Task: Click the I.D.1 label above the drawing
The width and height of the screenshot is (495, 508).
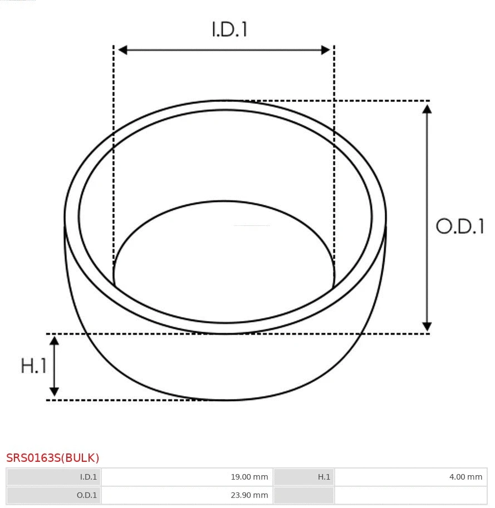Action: pos(229,29)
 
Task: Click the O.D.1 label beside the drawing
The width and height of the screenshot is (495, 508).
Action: pos(460,226)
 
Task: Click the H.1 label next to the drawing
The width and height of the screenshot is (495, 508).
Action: pos(33,366)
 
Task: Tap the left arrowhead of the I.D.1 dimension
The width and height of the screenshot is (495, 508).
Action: pos(122,50)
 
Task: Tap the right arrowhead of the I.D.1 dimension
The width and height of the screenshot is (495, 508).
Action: pos(326,50)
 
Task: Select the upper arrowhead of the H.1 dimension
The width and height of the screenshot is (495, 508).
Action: pos(54,341)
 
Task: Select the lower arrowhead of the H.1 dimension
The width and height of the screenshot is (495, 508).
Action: pos(54,392)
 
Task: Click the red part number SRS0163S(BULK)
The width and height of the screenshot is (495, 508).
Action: pos(53,458)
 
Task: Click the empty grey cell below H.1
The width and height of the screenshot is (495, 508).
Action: pos(303,495)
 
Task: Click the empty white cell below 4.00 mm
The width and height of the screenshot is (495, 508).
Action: pos(410,495)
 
